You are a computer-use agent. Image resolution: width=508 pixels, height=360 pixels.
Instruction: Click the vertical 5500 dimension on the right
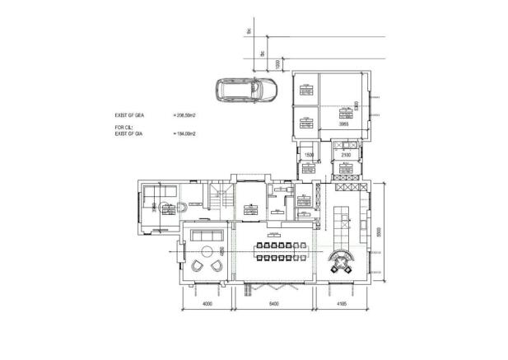tap(379, 234)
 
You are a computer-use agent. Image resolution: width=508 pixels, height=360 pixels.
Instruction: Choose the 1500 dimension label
tap(310, 154)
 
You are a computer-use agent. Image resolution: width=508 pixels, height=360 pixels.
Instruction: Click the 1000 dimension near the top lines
tap(279, 63)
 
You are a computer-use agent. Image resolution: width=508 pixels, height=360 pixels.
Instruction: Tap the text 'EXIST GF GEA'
tap(130, 115)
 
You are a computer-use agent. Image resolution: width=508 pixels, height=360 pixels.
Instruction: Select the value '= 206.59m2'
tap(186, 115)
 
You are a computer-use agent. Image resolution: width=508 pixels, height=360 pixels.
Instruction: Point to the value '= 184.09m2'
tap(186, 133)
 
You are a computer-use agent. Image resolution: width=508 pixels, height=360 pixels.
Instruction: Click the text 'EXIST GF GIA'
tap(130, 133)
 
